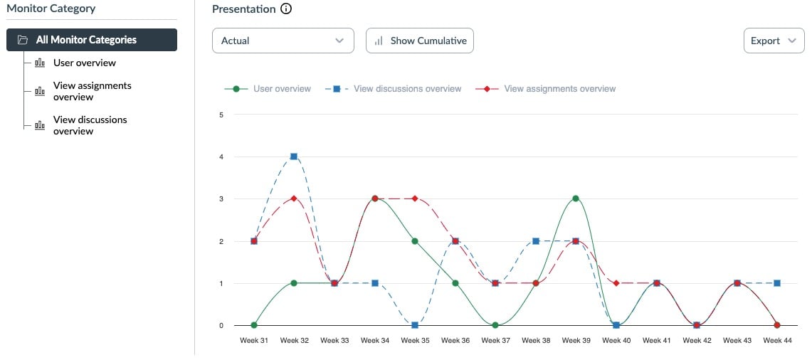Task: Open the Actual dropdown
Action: [283, 41]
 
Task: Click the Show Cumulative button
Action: [419, 41]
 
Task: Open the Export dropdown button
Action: [773, 41]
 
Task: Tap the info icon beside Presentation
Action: [286, 9]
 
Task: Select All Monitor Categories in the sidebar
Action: [92, 40]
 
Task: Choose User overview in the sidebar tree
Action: [84, 63]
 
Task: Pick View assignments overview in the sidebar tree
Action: [92, 91]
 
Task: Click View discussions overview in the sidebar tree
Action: [90, 125]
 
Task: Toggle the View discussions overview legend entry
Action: [393, 89]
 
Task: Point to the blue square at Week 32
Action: [294, 157]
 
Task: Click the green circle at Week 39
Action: [576, 198]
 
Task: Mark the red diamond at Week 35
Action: [415, 198]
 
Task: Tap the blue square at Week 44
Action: [777, 283]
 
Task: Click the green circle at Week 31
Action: [254, 325]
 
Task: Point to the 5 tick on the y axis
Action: [221, 115]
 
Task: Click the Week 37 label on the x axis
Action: [495, 341]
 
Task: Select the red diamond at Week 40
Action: [616, 283]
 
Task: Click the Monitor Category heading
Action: [51, 9]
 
